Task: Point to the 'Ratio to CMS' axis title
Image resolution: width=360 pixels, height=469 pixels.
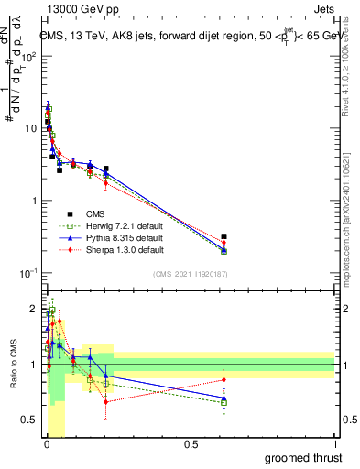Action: [12, 365]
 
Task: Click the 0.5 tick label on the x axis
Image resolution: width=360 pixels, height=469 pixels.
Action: [191, 443]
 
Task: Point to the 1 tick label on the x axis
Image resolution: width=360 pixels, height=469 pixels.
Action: [334, 443]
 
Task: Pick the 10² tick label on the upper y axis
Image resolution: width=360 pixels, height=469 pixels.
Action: [30, 56]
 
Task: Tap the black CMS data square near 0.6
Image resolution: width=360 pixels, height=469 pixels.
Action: [224, 236]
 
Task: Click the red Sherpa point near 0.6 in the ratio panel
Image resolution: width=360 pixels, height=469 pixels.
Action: [224, 379]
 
